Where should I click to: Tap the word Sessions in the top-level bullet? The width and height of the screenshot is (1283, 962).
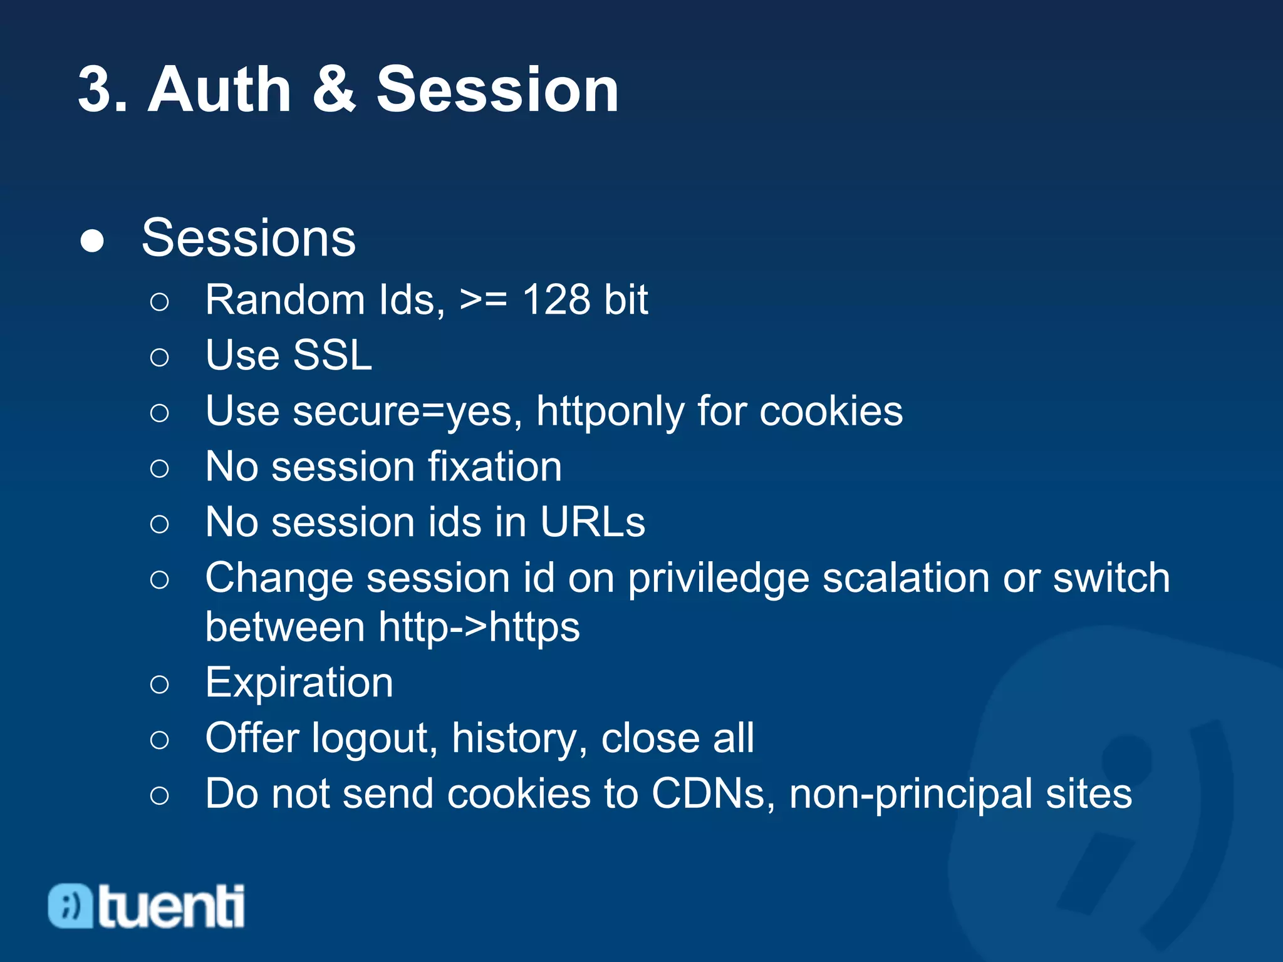coord(249,238)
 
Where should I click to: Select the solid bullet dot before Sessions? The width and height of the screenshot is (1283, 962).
coord(92,241)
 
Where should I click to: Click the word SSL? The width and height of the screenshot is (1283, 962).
coord(333,355)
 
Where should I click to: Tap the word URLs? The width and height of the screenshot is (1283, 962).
coord(592,522)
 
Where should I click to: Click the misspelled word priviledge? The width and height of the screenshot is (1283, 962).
coord(719,578)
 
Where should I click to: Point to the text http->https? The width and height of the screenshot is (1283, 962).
coord(479,627)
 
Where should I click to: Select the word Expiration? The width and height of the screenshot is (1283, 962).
coord(299,682)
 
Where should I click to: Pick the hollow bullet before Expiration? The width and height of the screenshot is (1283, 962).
coord(160,685)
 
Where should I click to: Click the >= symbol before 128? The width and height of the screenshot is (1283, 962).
coord(483,300)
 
